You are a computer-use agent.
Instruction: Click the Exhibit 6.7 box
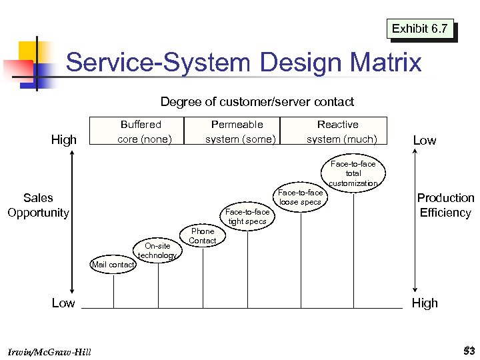click(420, 29)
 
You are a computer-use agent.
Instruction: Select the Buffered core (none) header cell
click(141, 131)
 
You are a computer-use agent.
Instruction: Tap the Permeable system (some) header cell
click(237, 131)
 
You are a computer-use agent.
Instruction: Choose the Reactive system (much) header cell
click(338, 131)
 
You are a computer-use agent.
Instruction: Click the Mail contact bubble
click(113, 265)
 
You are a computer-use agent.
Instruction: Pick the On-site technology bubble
click(157, 250)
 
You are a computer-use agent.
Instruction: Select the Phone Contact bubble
click(203, 236)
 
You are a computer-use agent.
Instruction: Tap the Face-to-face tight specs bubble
click(247, 217)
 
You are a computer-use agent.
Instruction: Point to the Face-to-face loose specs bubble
click(301, 197)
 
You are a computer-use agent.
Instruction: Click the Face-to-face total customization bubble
click(353, 173)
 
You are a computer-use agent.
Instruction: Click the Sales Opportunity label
click(38, 205)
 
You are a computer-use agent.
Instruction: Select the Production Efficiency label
click(445, 205)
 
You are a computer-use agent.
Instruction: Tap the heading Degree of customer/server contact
click(257, 102)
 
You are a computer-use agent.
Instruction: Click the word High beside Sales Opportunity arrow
click(64, 139)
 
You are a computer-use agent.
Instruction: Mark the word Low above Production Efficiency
click(425, 140)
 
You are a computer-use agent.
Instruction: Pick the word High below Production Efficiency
click(425, 303)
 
